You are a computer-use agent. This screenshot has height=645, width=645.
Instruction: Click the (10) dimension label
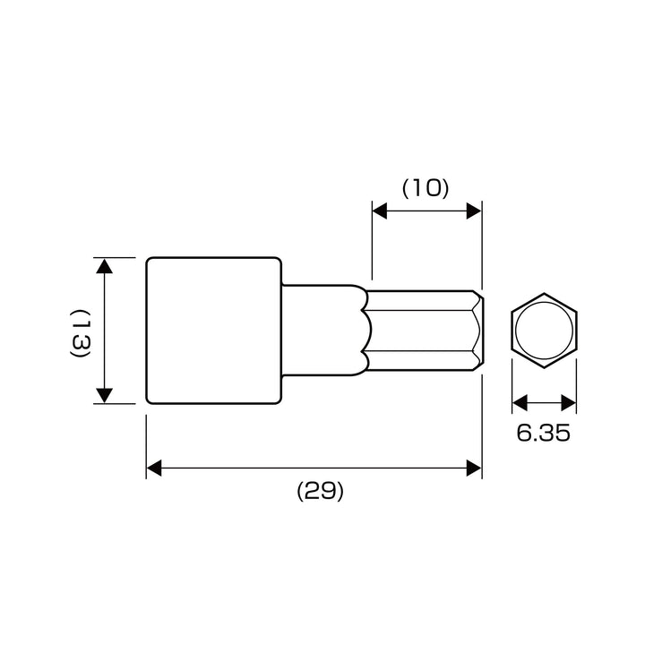426,189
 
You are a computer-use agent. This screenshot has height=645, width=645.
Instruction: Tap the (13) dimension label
80,333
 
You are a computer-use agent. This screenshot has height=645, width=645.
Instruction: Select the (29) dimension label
320,491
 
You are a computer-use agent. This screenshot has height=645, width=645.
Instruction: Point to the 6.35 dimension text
544,433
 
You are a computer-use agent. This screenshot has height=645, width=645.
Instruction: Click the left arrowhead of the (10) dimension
379,211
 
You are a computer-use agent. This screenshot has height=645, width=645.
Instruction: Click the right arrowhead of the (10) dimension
474,211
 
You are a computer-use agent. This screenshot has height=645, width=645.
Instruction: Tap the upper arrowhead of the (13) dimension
105,266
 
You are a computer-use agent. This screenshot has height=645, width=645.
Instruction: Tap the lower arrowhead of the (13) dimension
105,396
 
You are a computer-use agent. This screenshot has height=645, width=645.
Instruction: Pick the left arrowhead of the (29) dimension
154,469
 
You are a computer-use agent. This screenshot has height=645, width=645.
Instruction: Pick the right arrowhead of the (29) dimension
474,469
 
